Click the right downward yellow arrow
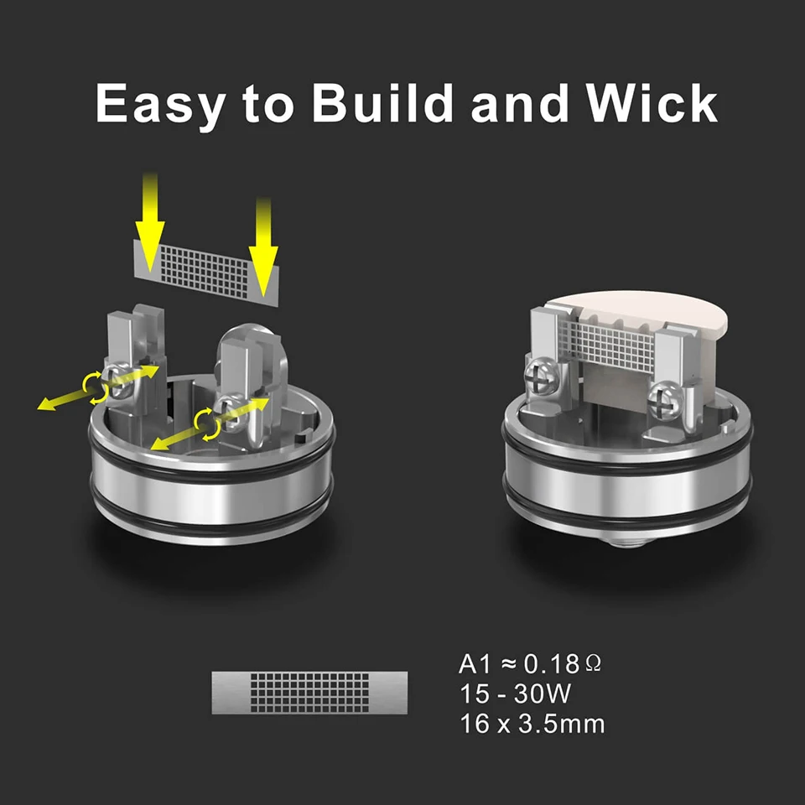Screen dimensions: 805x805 coord(264,243)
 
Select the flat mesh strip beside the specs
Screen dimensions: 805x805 coord(309,692)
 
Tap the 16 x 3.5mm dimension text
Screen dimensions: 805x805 coord(532,724)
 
